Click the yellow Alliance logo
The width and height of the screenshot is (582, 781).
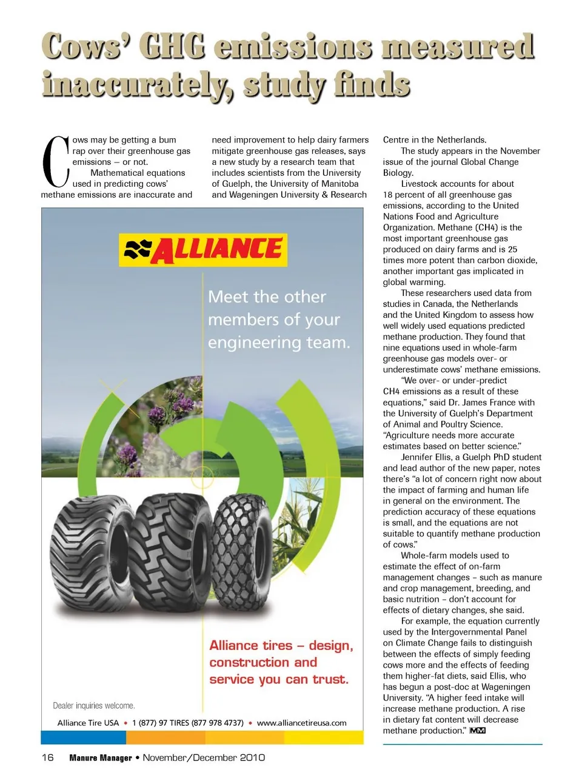[203, 250]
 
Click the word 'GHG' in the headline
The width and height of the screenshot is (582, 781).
[172, 47]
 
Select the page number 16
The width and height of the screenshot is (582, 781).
[47, 757]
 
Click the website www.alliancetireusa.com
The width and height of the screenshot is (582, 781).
[301, 723]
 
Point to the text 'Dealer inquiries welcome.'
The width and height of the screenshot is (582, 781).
[94, 706]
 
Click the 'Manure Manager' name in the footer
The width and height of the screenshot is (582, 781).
[101, 758]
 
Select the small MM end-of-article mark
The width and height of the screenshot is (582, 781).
[477, 731]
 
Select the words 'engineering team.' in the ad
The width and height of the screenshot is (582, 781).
[279, 343]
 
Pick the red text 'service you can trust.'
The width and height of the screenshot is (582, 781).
[279, 680]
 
